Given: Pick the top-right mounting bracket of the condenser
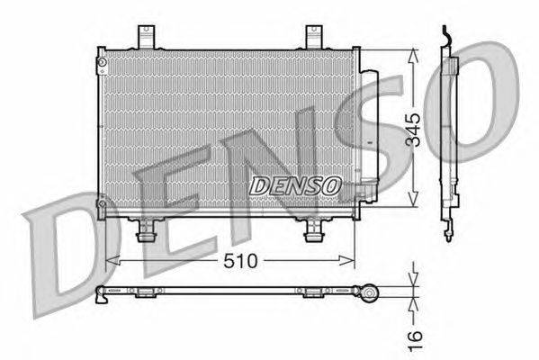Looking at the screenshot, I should pyautogui.click(x=314, y=39).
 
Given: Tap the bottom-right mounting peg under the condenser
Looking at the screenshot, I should pyautogui.click(x=314, y=231).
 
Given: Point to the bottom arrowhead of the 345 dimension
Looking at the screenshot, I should pyautogui.click(x=413, y=204).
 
